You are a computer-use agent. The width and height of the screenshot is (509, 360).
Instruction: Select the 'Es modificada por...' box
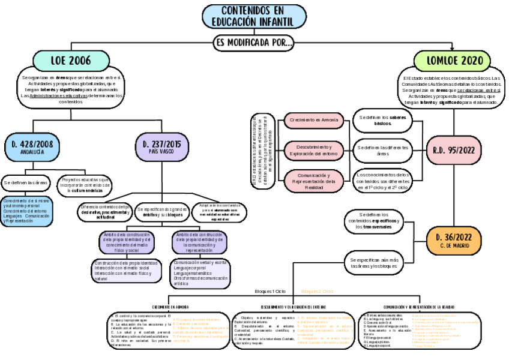coord(254,42)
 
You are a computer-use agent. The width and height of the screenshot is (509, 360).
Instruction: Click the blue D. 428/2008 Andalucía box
coord(32,147)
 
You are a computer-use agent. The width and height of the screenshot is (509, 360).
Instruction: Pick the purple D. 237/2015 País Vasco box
coord(161,147)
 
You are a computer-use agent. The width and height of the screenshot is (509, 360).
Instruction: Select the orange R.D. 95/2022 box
coord(454,150)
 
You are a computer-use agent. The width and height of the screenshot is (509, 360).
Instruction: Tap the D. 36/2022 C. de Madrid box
coord(454,241)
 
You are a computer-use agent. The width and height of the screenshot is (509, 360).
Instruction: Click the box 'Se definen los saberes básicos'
coord(382,121)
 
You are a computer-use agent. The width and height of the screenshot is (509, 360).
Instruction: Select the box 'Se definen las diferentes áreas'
coord(382,150)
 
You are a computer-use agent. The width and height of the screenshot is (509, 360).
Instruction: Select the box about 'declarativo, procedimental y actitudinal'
coord(104,212)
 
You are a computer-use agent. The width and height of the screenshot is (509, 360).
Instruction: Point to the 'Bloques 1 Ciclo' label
coord(270,292)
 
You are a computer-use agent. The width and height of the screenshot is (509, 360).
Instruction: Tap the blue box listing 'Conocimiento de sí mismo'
coord(27,211)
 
